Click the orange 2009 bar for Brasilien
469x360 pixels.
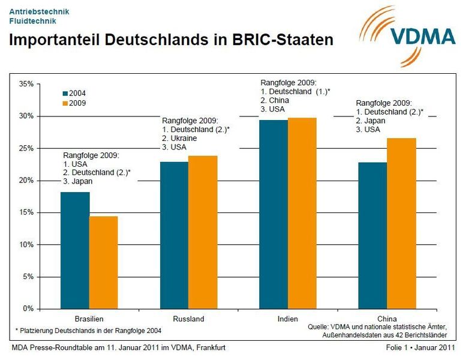[103, 262]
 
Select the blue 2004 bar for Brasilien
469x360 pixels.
[75, 250]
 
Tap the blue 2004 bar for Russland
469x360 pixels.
[174, 235]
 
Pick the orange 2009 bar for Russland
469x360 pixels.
[203, 232]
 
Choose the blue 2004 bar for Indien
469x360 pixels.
[273, 214]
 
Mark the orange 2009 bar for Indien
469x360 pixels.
[302, 213]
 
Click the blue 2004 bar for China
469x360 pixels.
[372, 235]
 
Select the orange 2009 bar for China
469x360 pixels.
[401, 223]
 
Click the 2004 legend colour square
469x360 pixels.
[65, 94]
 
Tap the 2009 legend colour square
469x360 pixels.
[65, 103]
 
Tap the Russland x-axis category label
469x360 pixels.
[188, 319]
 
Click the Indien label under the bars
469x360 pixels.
[287, 319]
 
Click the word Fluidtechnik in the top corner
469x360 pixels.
[33, 20]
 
